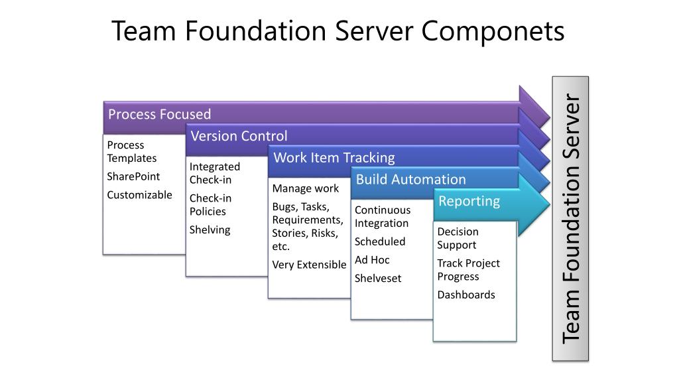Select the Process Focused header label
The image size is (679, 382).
coord(159,114)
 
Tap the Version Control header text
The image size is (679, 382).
coord(239,136)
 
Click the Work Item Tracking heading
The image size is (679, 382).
coord(334,157)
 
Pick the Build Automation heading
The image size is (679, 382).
coord(410,179)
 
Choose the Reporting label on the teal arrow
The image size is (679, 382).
coord(469,201)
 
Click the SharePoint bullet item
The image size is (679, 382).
coord(133,176)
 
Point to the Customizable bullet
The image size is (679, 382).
coord(139,194)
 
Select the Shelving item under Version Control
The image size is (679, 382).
coord(210,229)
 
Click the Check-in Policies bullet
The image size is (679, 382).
coord(210,205)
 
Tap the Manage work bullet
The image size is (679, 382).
coord(305,188)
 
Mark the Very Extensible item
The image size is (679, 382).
coord(309,265)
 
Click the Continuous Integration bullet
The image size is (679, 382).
coord(382,216)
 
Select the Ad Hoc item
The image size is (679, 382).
coord(372,260)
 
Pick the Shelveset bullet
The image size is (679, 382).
coord(378,278)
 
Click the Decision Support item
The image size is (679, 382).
coord(458,238)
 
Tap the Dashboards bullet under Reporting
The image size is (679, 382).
coord(465,294)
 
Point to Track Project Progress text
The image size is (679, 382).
coord(468,269)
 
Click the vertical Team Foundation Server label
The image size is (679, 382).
coord(570,219)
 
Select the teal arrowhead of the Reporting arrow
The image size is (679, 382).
coord(534,204)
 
